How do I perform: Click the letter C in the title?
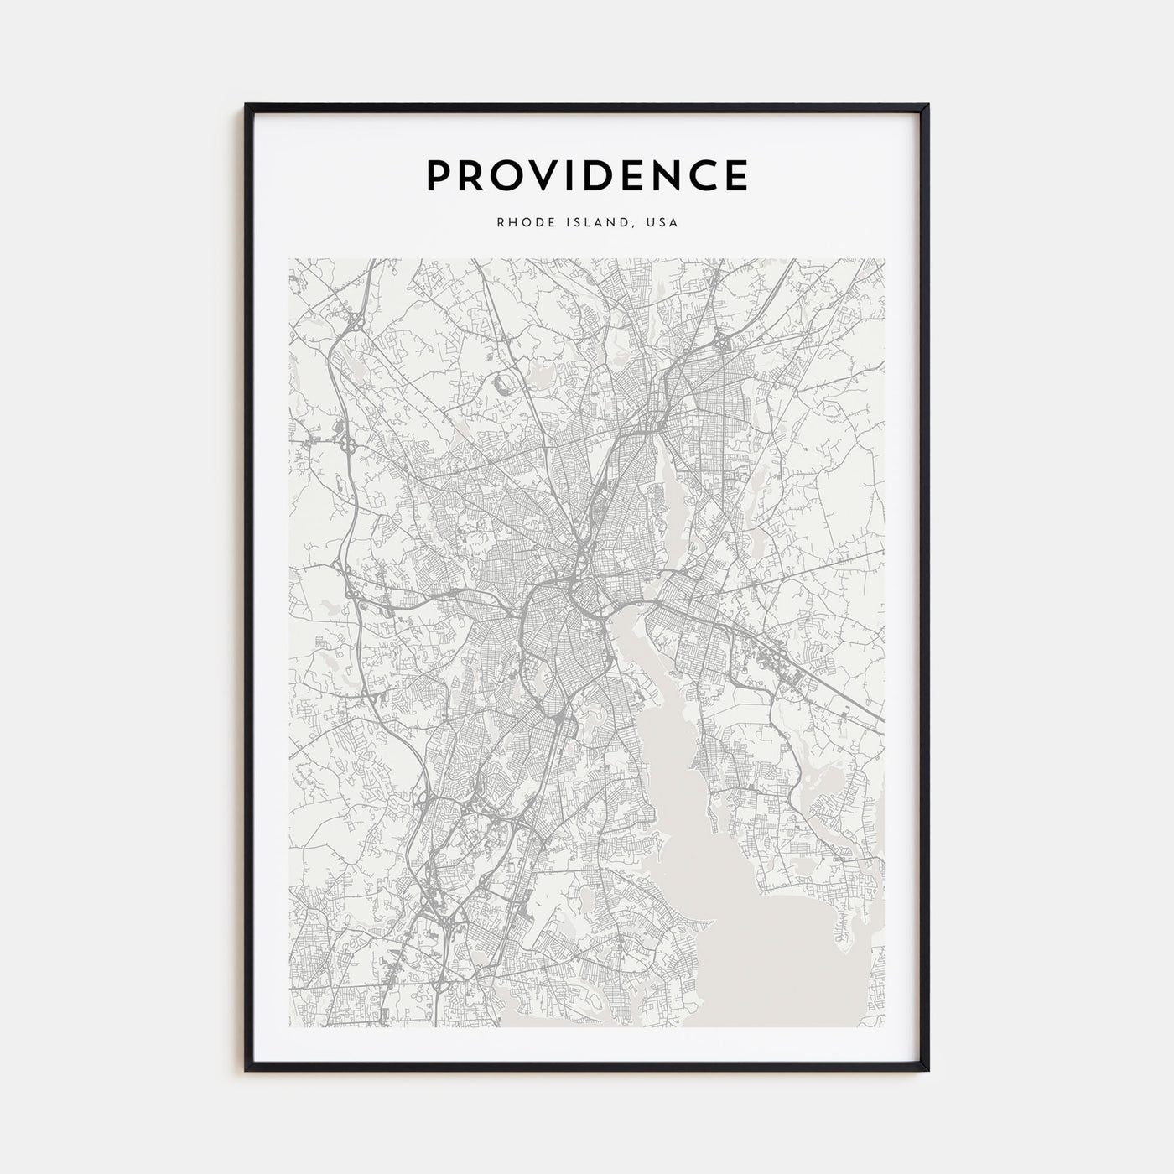click(710, 175)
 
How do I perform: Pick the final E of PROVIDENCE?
click(738, 175)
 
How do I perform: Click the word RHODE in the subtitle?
click(520, 223)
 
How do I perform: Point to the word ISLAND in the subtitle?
click(594, 223)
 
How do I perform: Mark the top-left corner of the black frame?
click(247, 106)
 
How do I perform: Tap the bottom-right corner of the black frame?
click(927, 1070)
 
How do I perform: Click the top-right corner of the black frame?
click(927, 106)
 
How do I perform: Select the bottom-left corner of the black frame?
click(247, 1070)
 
